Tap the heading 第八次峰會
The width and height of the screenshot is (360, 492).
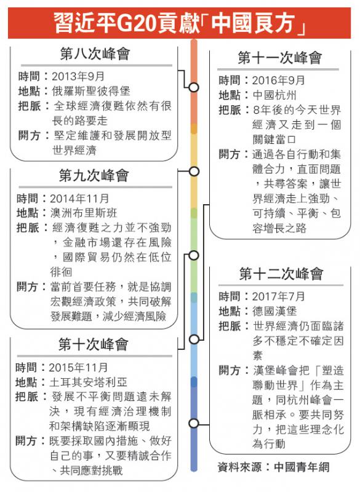95,54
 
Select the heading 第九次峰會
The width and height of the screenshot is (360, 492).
94,175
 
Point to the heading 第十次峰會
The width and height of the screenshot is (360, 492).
93,344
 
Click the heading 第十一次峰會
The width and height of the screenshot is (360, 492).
280,58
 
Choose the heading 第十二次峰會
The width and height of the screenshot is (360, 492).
281,274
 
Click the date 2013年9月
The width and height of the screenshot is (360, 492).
78,76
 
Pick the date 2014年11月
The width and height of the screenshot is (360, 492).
79,198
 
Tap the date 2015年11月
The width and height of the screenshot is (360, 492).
78,367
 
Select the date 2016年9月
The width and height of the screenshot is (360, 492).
279,81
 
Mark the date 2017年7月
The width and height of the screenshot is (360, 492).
279,296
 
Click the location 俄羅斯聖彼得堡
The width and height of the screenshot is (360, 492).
91,91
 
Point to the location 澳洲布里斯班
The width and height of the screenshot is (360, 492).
84,213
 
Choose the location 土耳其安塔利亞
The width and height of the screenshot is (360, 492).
88,382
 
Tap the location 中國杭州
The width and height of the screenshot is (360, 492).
274,95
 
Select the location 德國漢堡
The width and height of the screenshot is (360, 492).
274,311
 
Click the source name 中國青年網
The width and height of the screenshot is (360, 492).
302,467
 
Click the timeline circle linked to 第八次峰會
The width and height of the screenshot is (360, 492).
194,87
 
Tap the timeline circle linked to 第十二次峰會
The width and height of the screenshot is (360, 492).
194,423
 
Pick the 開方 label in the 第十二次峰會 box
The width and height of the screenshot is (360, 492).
230,370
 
